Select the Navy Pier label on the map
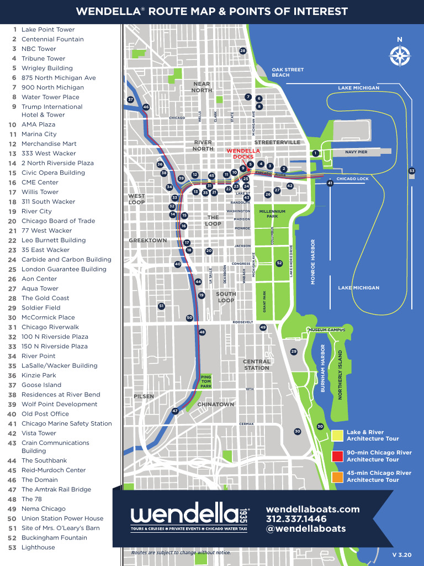coord(356,151)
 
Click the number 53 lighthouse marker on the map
coord(411,171)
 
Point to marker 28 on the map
coord(242,51)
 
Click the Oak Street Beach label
coord(288,72)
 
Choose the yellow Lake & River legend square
coord(337,436)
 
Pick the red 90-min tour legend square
coord(337,456)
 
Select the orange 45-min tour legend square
coord(337,476)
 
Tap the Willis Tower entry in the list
coord(40,192)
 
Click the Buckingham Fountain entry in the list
coord(54,538)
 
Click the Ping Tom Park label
coord(206,381)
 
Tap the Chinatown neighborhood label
coord(216,405)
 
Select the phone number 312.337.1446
coord(296,519)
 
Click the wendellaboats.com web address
coord(312,509)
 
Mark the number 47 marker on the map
coord(175,411)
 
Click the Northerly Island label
coord(340,375)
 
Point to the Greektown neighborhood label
coord(147,240)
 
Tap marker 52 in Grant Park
coord(279,263)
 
